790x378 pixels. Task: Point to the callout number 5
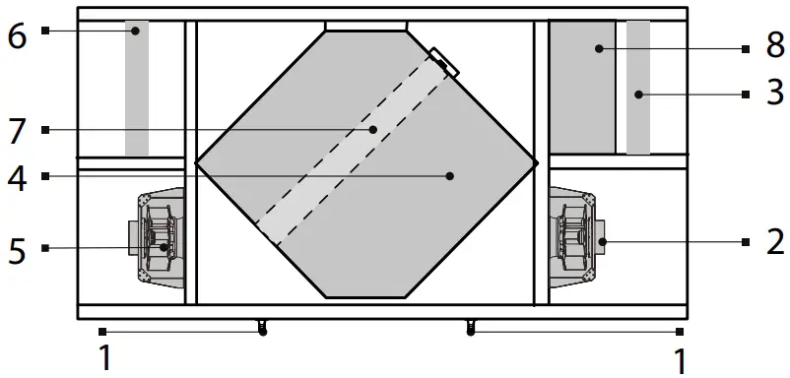coord(16,250)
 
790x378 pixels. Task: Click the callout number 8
coord(774,46)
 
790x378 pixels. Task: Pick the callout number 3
coord(775,94)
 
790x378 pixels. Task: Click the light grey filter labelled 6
coord(137,89)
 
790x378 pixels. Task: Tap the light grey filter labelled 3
coord(638,89)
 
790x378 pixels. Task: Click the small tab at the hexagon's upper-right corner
coord(444,62)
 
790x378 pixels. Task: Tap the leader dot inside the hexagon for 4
coord(449,176)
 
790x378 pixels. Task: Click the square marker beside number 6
coord(45,31)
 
